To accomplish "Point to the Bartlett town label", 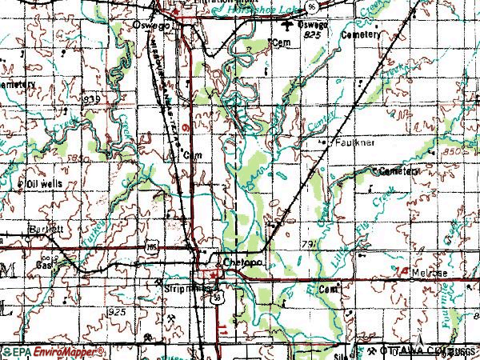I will point(46,228).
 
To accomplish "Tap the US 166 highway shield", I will point(150,249).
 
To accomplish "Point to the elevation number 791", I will point(311,241).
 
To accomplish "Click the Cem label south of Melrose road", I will point(327,287).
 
